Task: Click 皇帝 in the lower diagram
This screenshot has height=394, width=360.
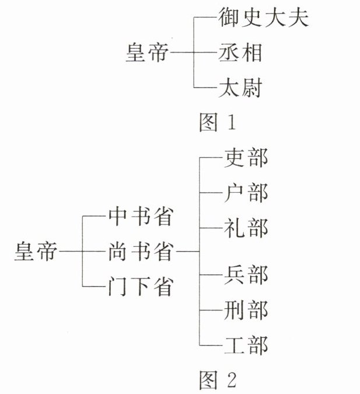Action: pos(36,252)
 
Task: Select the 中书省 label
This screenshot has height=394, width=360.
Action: pos(140,217)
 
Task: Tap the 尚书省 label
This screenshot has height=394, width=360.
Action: pos(140,252)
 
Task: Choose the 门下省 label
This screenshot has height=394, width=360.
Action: pos(140,287)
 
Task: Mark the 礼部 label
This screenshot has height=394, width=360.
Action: pos(246,225)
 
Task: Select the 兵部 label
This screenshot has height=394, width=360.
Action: pos(246,274)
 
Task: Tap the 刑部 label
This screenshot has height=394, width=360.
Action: pos(246,309)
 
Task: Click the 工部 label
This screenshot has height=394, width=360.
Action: pos(246,344)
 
